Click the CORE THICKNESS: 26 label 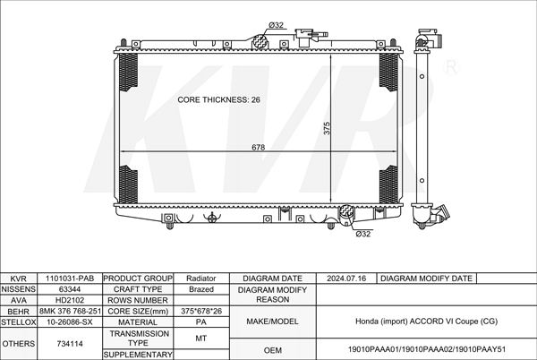tap(218, 99)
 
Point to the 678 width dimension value tap(259, 147)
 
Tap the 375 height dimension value tap(327, 128)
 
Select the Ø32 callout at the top tap(276, 25)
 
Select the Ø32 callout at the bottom tap(363, 234)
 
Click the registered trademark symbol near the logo tap(451, 67)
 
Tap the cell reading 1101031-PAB tap(70, 279)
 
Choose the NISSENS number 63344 tap(70, 289)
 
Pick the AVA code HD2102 tap(70, 300)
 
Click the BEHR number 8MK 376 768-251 tap(70, 311)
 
